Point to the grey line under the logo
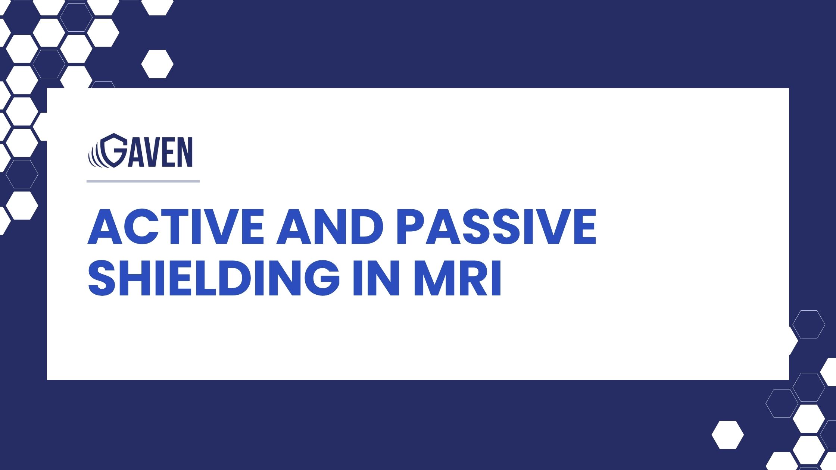[143, 181]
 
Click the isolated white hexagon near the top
[157, 64]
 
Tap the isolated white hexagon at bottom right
[727, 435]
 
